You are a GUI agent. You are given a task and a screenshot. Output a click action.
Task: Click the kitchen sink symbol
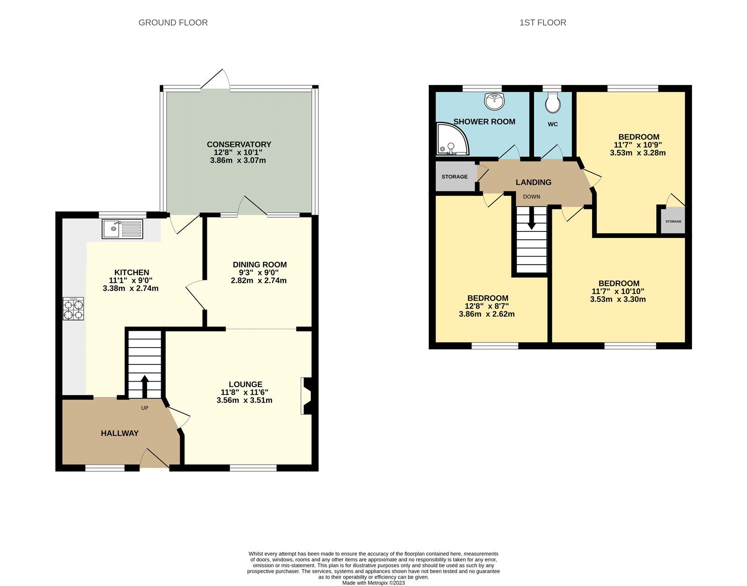tap(123, 228)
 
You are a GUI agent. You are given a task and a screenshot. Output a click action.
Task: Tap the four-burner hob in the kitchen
tap(73, 309)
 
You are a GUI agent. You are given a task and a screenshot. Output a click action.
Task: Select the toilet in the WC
tap(553, 102)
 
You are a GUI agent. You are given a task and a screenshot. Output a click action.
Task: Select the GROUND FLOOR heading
tap(173, 22)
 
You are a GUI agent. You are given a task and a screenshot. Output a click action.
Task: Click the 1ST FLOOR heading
tap(543, 22)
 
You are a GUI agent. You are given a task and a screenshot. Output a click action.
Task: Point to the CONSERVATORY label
tap(239, 145)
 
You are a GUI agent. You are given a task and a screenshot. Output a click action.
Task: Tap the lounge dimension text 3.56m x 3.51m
tap(244, 400)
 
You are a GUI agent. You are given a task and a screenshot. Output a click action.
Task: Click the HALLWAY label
tap(120, 433)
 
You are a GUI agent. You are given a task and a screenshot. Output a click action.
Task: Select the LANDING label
tap(533, 182)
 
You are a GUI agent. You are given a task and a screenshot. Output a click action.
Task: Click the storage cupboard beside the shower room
tap(455, 176)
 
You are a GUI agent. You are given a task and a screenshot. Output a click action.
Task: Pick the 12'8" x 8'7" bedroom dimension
tap(486, 306)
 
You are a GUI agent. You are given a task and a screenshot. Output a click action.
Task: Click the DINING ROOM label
tap(259, 265)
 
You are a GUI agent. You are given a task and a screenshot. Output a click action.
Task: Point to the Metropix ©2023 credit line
tap(373, 583)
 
